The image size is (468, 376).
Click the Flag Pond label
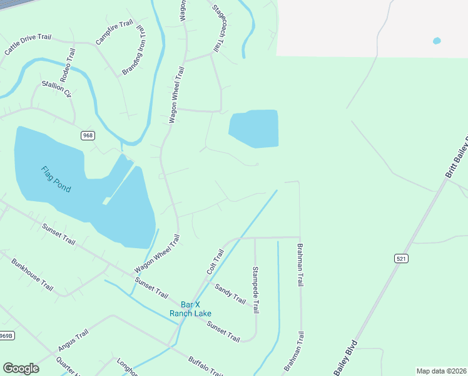point(56,179)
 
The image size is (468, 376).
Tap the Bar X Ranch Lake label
point(190,308)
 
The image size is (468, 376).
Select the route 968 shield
point(88,135)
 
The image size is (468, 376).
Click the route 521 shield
point(401,258)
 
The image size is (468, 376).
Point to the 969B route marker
point(6,336)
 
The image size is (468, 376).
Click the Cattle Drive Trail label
point(28,46)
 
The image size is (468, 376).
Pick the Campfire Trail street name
point(114,33)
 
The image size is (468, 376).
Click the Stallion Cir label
point(57,89)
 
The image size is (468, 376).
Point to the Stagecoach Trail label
point(218,29)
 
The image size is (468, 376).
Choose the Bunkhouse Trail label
point(33,273)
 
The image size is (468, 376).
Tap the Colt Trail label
point(215,261)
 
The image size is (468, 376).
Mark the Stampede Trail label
point(255,290)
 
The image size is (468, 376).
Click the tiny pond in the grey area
point(436,41)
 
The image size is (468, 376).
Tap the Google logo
point(21,368)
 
